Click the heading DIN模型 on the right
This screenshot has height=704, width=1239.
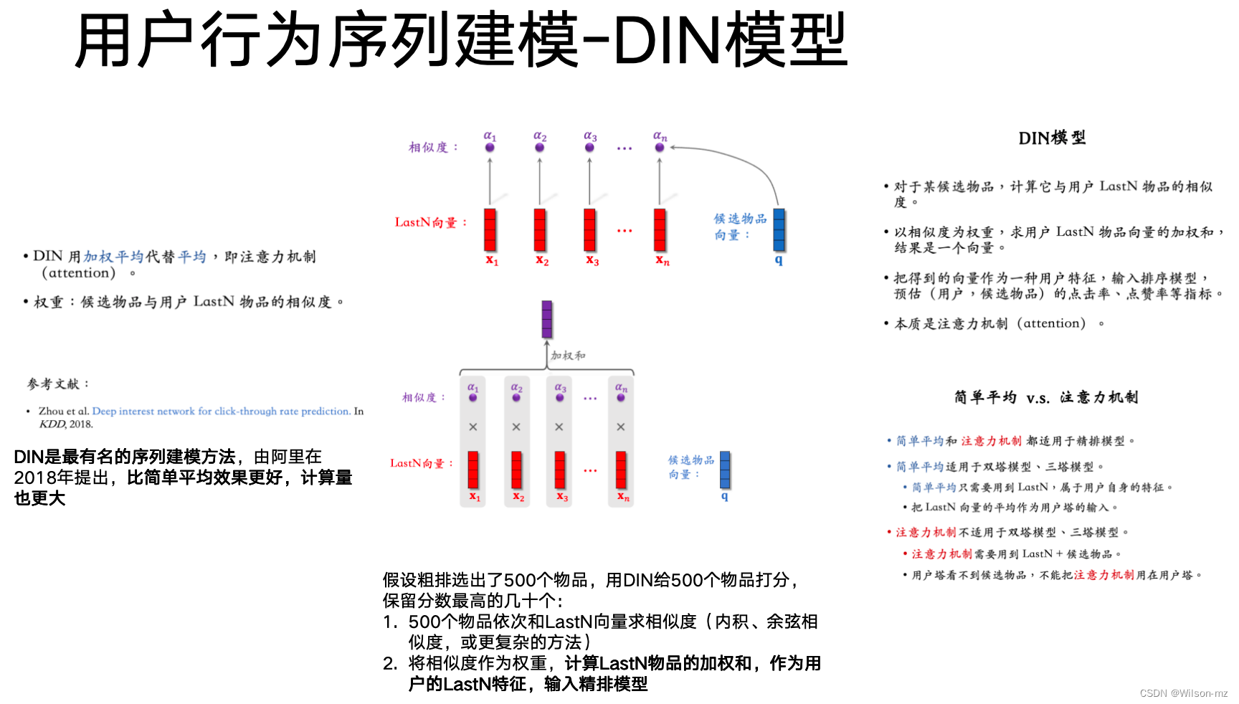pyautogui.click(x=1052, y=138)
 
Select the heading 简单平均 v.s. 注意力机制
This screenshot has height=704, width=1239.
pyautogui.click(x=1045, y=397)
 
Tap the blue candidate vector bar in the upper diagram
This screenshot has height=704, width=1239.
pyautogui.click(x=779, y=230)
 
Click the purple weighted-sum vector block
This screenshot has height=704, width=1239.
pyautogui.click(x=547, y=319)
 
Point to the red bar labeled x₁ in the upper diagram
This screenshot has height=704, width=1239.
pyautogui.click(x=490, y=229)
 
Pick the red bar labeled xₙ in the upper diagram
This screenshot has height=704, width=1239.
pyautogui.click(x=660, y=229)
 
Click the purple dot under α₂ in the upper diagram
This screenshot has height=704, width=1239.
pyautogui.click(x=540, y=148)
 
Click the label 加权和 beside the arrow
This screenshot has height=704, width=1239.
pyautogui.click(x=568, y=356)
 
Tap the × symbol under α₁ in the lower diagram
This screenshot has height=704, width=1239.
pyautogui.click(x=473, y=427)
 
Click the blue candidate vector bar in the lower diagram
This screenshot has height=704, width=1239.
pyautogui.click(x=725, y=470)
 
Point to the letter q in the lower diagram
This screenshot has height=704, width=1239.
pyautogui.click(x=725, y=496)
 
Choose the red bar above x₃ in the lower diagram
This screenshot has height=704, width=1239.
pyautogui.click(x=560, y=470)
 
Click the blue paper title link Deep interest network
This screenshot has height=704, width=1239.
pyautogui.click(x=221, y=412)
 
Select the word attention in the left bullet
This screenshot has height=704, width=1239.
pyautogui.click(x=79, y=273)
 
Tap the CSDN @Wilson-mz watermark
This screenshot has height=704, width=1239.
pyautogui.click(x=1183, y=693)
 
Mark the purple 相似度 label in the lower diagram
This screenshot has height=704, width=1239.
pyautogui.click(x=423, y=397)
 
